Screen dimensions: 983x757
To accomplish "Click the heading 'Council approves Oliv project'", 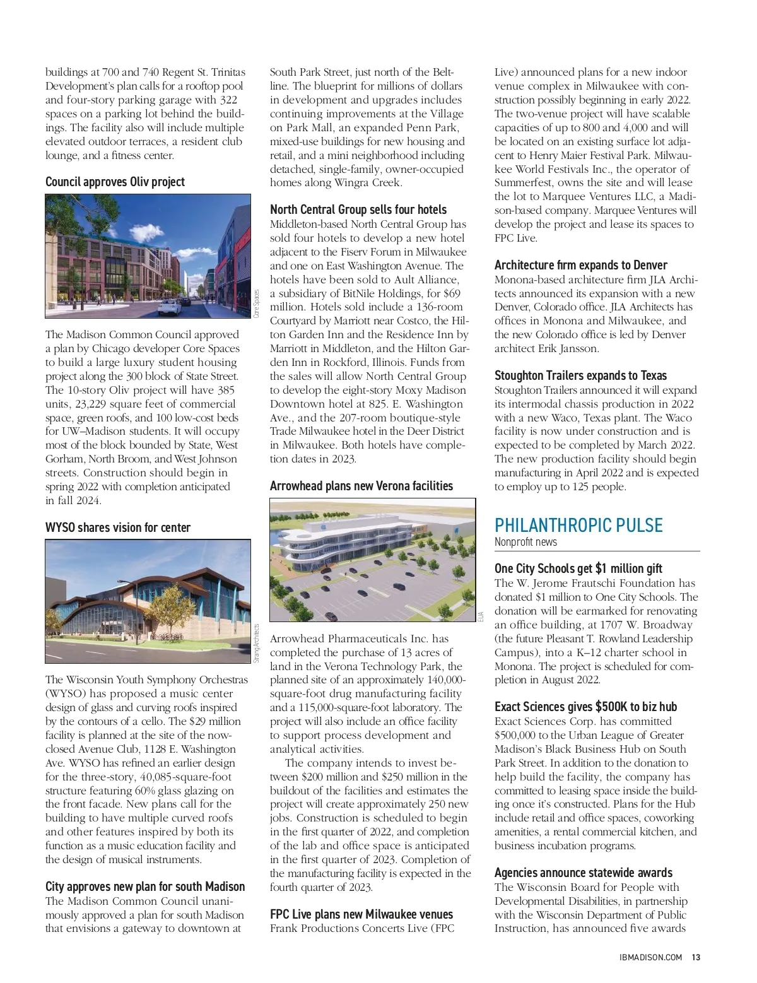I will tap(115, 182).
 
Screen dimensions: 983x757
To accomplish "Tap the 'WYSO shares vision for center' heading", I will tap(117, 527).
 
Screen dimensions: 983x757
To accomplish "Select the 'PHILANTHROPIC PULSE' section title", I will tap(578, 526).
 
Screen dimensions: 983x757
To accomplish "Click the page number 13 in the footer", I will tap(696, 957).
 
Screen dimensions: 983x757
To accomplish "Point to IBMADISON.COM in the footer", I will tap(650, 957).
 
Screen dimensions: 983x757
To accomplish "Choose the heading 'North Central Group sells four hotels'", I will tap(358, 209).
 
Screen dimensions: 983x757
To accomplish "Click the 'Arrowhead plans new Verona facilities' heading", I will tap(361, 486).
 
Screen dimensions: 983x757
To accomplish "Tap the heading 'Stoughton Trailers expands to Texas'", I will tap(580, 375).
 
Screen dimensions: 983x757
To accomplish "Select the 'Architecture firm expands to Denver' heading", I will tap(580, 265).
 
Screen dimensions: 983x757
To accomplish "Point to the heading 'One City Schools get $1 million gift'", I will tap(578, 568).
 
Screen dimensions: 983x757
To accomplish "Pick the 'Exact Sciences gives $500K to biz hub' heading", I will tap(585, 707).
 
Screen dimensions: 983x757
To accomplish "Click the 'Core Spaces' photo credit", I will tap(256, 303).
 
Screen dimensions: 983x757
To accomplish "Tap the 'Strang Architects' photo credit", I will tap(256, 643).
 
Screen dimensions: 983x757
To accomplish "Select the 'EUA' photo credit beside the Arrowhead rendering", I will tap(481, 616).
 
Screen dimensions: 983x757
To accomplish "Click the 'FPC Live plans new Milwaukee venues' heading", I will tap(361, 914).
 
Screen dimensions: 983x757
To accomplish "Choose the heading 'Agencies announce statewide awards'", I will tap(583, 873).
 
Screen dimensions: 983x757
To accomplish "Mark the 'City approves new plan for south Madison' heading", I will tap(144, 886).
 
